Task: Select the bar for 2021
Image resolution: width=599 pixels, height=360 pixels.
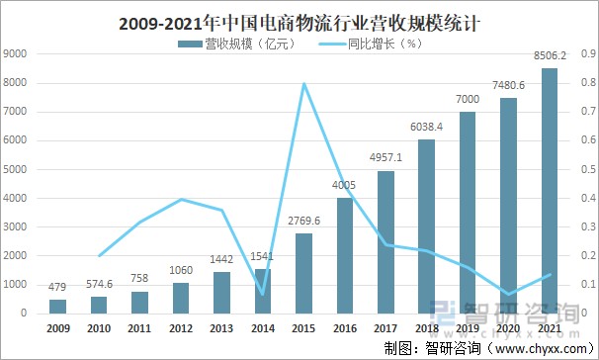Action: pyautogui.click(x=550, y=190)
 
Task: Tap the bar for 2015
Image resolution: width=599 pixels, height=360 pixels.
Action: pyautogui.click(x=304, y=273)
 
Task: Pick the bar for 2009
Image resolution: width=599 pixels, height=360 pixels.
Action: pyautogui.click(x=58, y=306)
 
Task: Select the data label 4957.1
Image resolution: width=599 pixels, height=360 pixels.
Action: pyautogui.click(x=385, y=160)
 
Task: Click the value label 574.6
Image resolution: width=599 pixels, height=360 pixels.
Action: pyautogui.click(x=99, y=286)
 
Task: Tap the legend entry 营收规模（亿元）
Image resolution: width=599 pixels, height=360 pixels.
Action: pyautogui.click(x=233, y=45)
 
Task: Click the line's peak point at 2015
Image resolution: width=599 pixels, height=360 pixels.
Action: pyautogui.click(x=304, y=83)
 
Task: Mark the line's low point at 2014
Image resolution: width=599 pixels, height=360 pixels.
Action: pyautogui.click(x=263, y=294)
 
